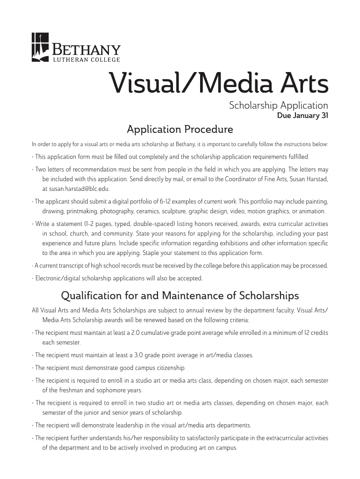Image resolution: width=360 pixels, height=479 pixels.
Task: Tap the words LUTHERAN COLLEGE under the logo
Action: click(x=86, y=60)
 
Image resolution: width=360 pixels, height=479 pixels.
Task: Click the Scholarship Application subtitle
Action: click(x=278, y=106)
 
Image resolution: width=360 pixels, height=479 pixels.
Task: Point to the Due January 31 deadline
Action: click(x=302, y=116)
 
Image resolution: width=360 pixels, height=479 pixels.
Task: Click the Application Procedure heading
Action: click(x=180, y=129)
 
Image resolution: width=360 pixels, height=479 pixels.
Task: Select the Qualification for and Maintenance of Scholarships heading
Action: click(x=180, y=296)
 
